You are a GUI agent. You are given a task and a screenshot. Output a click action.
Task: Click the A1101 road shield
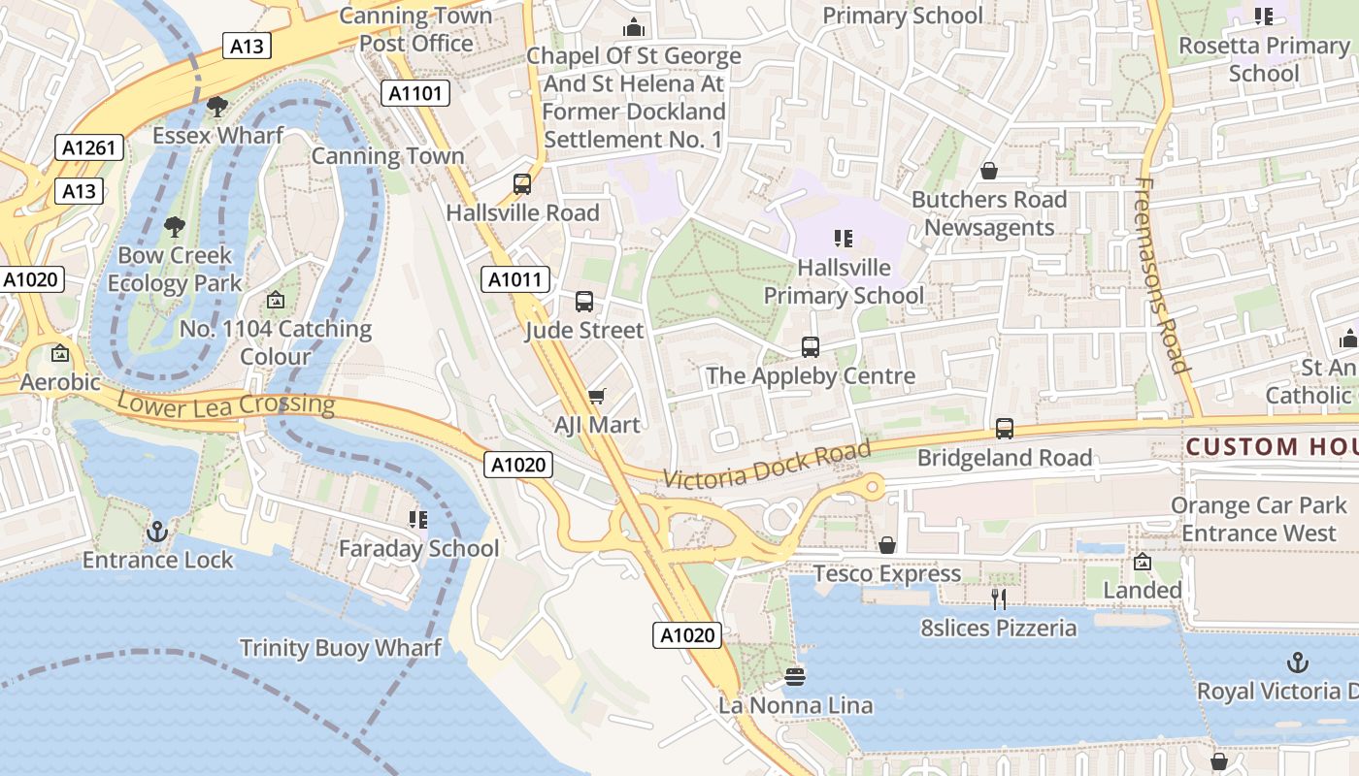415,93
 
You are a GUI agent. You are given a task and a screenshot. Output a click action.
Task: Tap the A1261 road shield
89,147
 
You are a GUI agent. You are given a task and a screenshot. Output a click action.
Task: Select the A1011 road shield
515,280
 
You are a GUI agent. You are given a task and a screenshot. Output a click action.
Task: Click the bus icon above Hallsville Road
522,184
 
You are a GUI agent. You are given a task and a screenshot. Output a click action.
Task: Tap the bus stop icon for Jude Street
584,302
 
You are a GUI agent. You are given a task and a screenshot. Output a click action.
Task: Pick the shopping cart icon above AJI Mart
597,396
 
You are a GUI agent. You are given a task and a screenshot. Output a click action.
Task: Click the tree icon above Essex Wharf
217,106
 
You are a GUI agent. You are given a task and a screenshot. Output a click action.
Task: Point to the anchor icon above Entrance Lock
156,531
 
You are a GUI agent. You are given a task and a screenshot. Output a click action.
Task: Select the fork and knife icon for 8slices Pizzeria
999,599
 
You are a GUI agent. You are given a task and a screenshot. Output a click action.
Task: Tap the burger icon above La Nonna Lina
795,676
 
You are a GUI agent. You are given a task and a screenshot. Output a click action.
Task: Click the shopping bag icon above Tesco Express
887,545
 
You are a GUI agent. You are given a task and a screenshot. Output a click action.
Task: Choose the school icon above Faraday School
418,520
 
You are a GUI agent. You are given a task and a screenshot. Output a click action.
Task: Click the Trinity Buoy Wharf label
340,648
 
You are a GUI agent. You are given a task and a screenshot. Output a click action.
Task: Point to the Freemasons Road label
1162,275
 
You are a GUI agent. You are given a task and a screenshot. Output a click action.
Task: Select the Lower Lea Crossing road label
226,404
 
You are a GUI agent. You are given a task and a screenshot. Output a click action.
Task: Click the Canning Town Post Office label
416,29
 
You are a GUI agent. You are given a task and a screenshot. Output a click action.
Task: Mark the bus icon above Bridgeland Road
1005,428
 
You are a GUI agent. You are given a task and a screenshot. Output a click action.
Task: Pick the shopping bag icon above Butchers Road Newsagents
989,171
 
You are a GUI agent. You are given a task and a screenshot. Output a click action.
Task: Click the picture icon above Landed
1143,562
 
